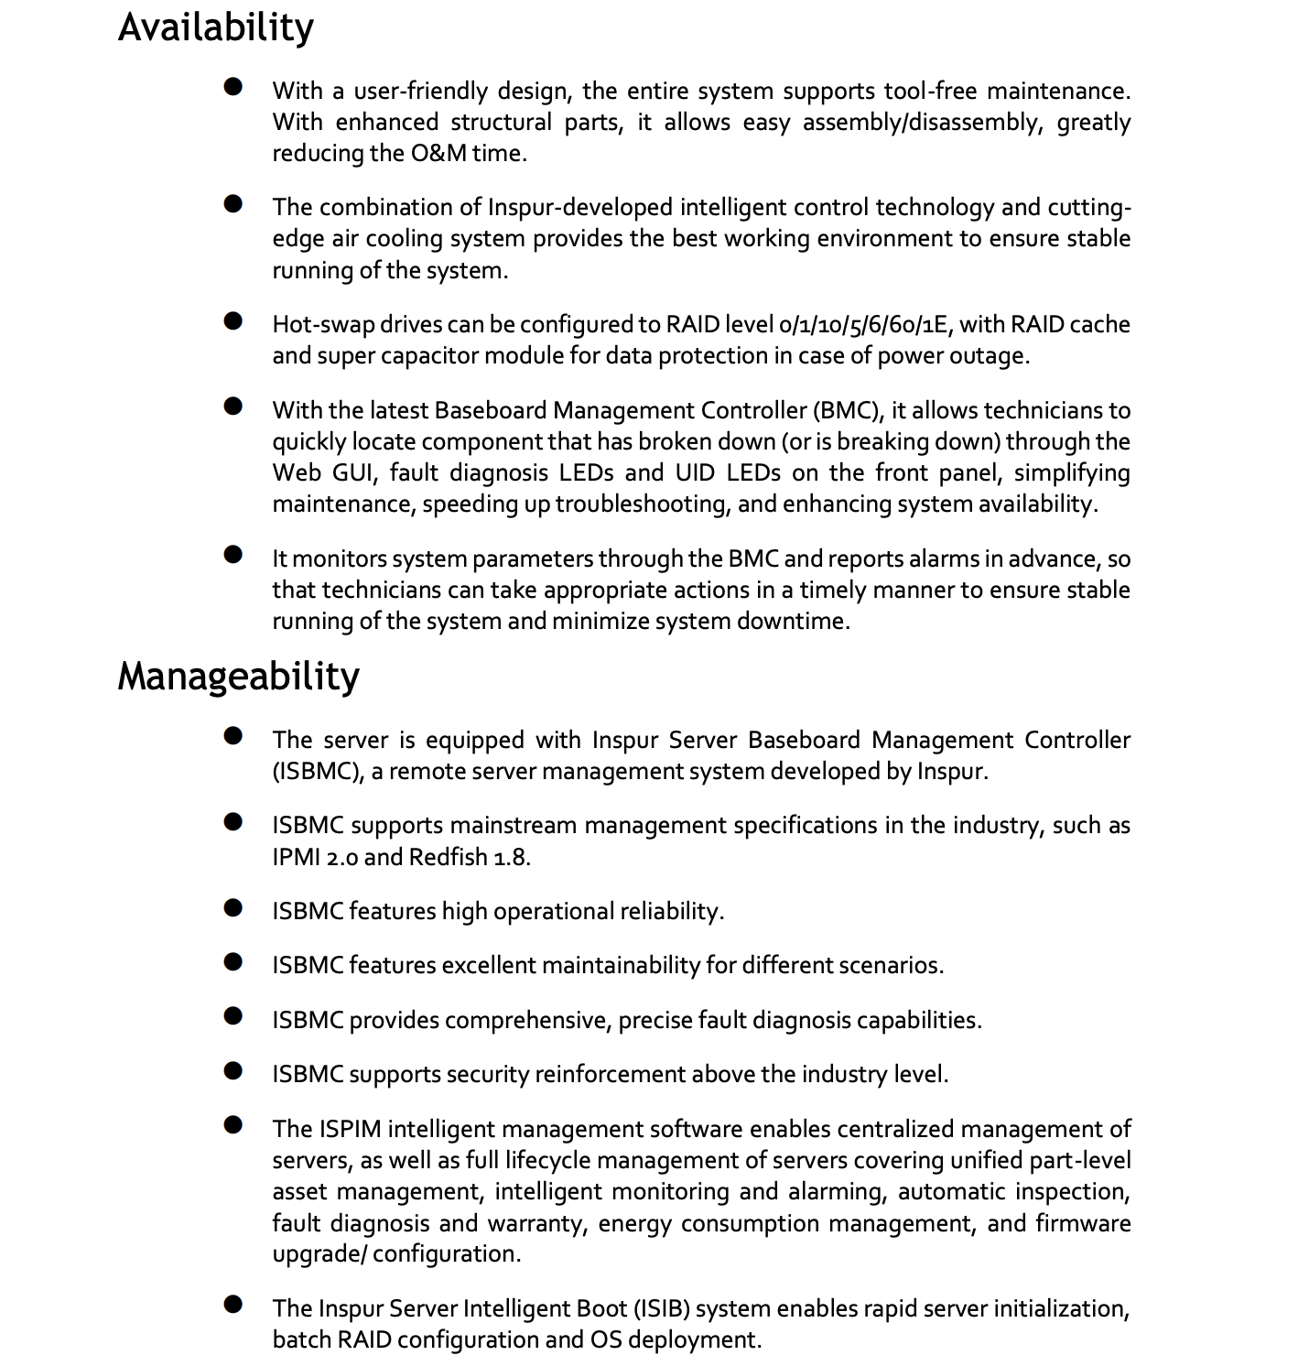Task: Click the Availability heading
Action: tap(215, 27)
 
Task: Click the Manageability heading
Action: tap(238, 677)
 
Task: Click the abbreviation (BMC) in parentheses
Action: tap(834, 410)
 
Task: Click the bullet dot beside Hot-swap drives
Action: tap(233, 320)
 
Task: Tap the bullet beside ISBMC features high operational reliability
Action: tap(233, 907)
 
